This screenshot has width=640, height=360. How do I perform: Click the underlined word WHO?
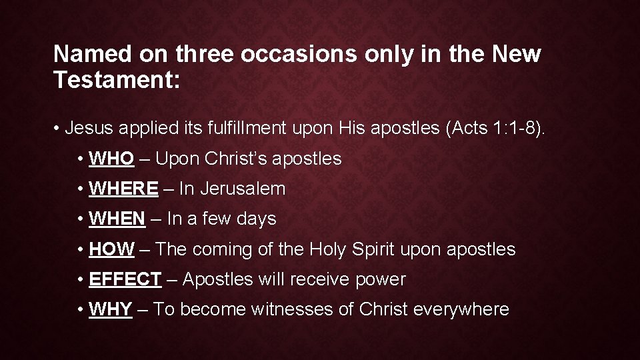111,159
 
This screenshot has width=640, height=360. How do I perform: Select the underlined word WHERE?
123,189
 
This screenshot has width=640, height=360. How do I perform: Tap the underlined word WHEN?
117,219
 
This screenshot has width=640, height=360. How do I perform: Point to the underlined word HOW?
111,249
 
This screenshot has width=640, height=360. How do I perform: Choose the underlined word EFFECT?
125,279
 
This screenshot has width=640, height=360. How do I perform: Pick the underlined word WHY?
110,309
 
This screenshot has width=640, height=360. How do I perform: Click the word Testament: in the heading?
117,81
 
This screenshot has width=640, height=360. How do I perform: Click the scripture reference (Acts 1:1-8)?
495,128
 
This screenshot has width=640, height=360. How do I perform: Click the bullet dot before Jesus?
59,128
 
